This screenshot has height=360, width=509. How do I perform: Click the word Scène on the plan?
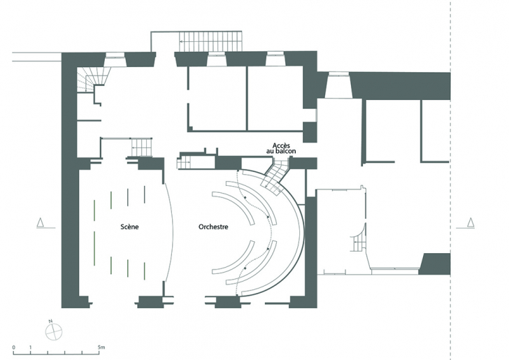[129, 226]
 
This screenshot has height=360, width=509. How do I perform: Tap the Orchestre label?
[213, 226]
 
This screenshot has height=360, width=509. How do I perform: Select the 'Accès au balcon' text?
[281, 148]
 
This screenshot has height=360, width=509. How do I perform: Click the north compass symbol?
[54, 331]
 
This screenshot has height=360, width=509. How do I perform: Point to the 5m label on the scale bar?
[101, 347]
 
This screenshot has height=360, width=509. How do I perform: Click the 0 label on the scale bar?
[14, 347]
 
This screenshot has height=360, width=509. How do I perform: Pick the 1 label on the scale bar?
[31, 347]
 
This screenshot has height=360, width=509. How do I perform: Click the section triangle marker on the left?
[41, 222]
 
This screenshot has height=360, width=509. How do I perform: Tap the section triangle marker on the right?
[470, 222]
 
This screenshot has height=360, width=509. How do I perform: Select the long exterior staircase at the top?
[211, 41]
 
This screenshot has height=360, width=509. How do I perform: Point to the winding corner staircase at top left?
[92, 80]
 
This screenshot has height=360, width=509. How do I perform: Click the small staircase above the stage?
[141, 147]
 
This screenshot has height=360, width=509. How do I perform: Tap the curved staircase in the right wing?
[359, 240]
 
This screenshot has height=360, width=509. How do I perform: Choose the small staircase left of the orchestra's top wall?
[183, 161]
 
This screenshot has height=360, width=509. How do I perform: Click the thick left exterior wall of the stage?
[70, 182]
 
